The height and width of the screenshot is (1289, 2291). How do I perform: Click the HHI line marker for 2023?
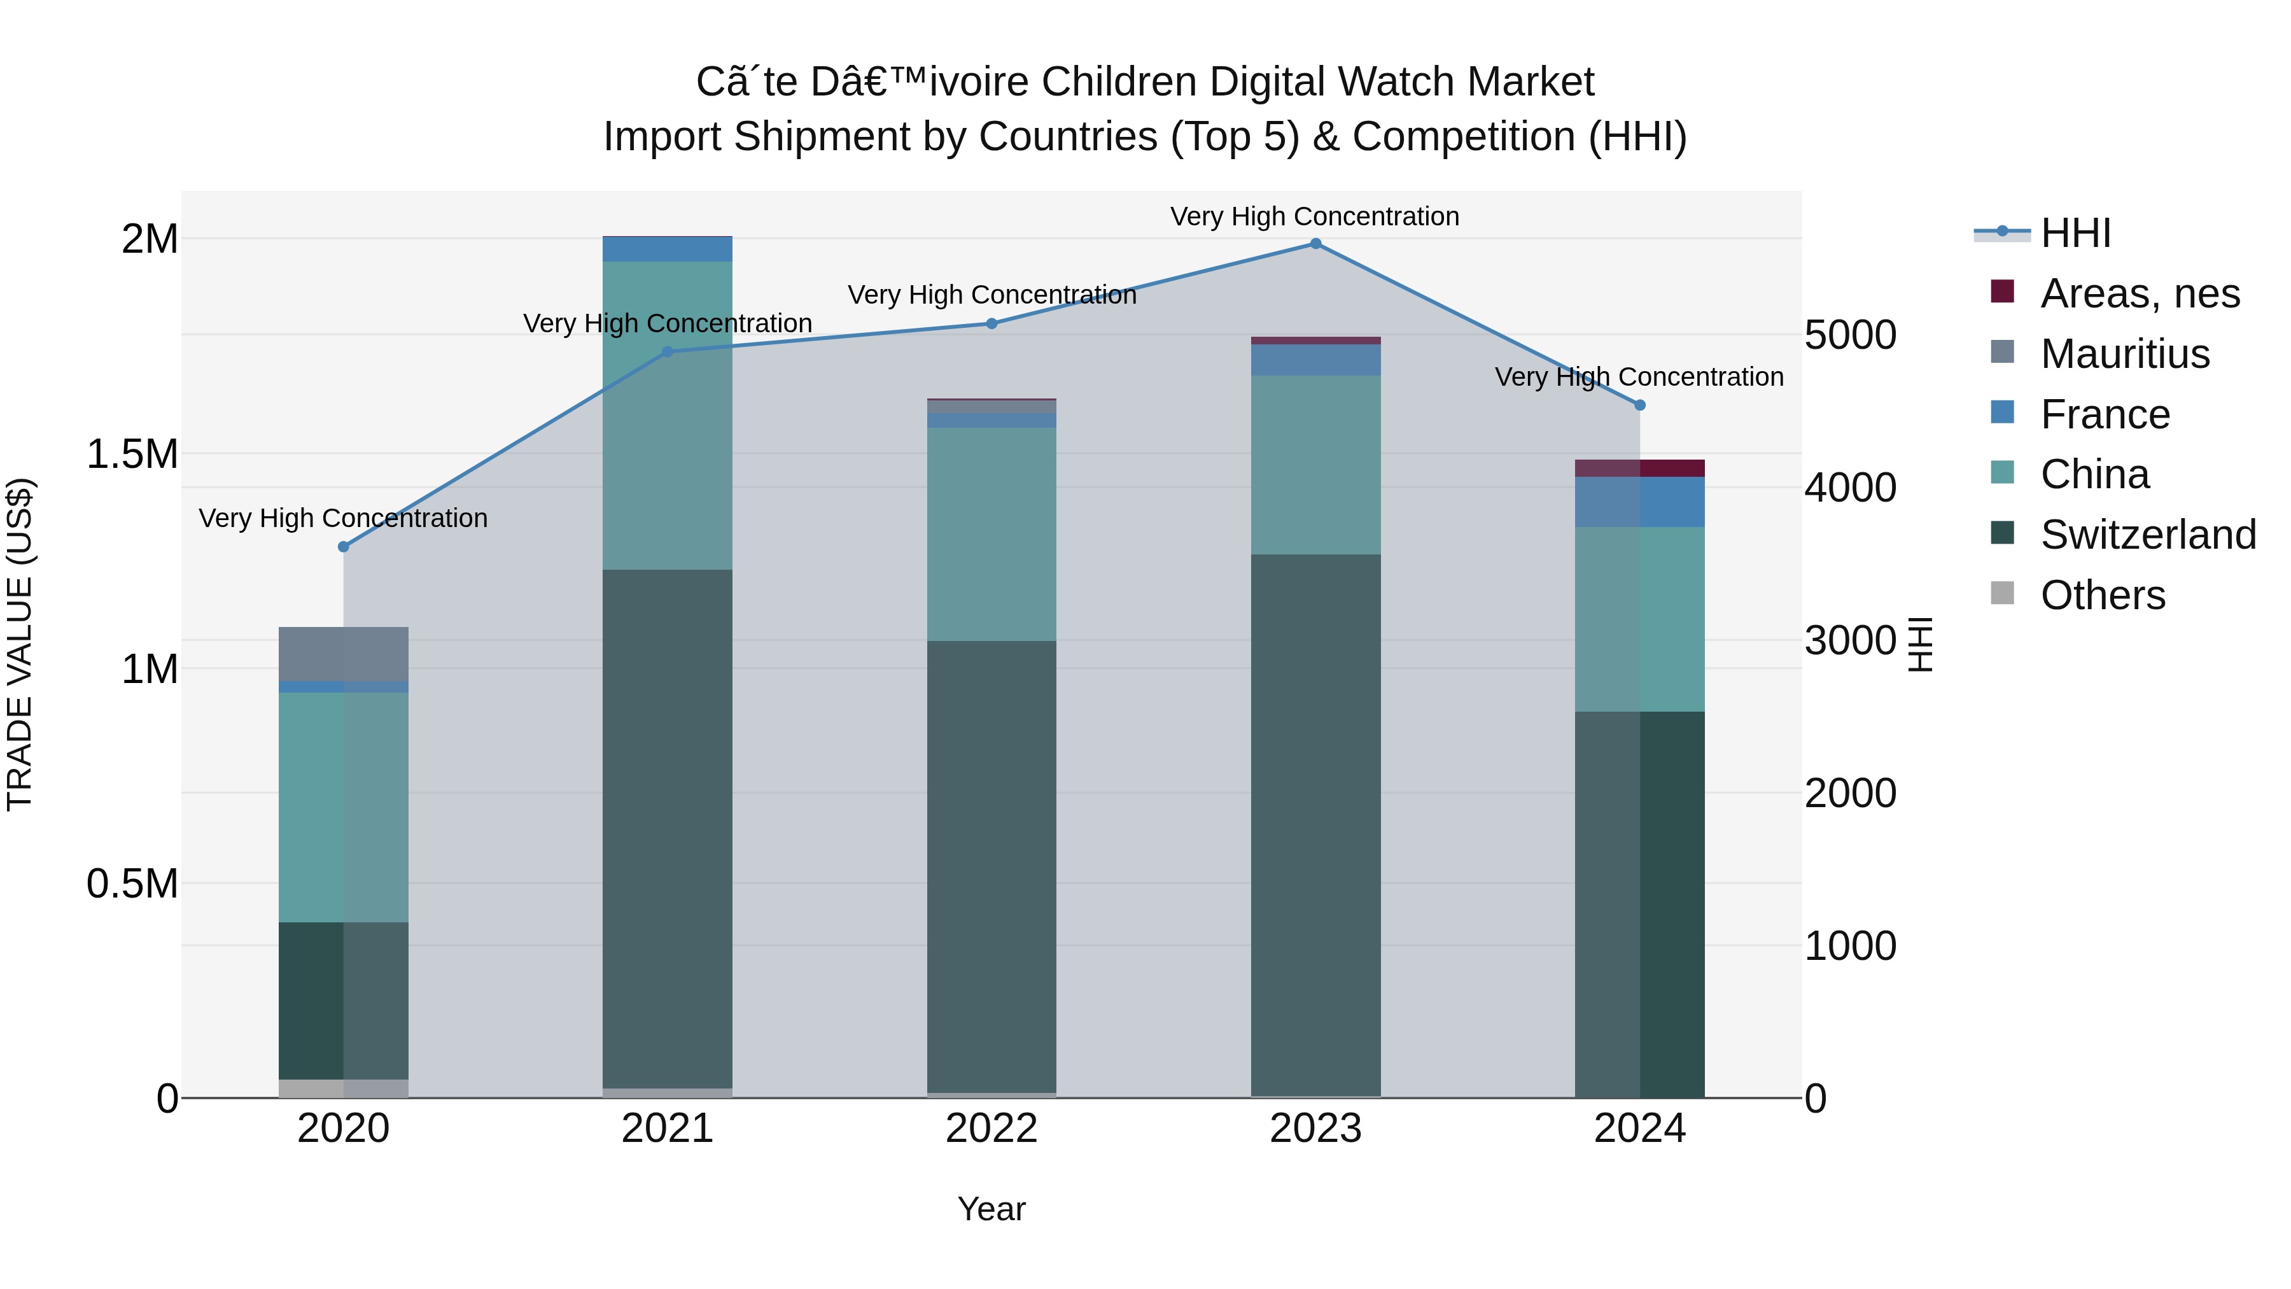(1315, 244)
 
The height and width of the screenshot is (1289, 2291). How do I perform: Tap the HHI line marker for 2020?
(343, 547)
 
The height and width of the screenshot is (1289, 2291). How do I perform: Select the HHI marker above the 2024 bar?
(1640, 405)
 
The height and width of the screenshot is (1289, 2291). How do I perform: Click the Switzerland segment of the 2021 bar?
(667, 828)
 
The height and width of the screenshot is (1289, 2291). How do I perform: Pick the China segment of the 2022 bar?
(991, 534)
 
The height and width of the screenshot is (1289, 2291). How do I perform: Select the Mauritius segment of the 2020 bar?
(343, 654)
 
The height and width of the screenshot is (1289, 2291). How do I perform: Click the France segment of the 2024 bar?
(1640, 502)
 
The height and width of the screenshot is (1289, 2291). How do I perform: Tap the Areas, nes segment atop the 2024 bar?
(1640, 468)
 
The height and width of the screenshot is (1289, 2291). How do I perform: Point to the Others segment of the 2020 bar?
(343, 1088)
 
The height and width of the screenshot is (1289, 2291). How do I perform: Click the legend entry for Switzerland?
(2147, 535)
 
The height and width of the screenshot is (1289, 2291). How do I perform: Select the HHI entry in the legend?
(2075, 233)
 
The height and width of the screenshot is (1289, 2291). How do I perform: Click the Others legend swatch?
(2002, 593)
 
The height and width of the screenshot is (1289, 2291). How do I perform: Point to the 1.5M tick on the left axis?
(132, 454)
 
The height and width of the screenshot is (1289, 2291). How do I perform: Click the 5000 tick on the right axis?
(1850, 335)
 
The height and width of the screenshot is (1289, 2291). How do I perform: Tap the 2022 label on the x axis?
(991, 1129)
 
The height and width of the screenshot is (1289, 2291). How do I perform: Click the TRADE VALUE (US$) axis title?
(20, 644)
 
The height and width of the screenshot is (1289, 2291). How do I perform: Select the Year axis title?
(991, 1209)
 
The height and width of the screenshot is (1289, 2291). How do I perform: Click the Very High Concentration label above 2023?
(1315, 216)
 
